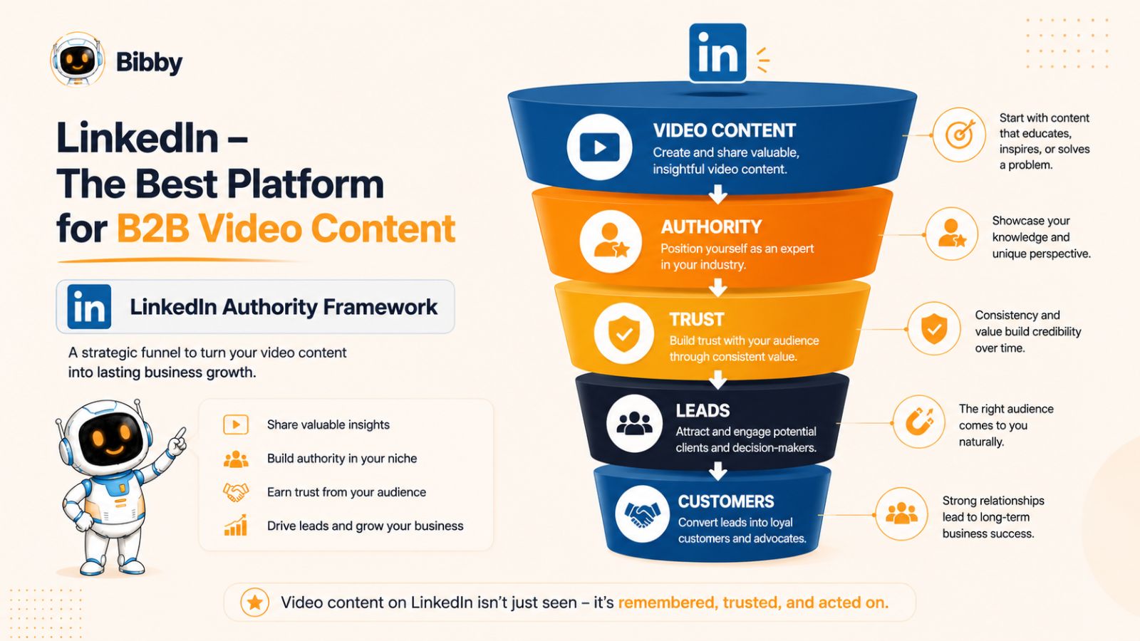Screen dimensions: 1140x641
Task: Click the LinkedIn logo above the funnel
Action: pyautogui.click(x=717, y=53)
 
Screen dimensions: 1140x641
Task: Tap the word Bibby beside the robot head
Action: pyautogui.click(x=149, y=63)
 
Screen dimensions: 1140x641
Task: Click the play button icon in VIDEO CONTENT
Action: pyautogui.click(x=599, y=147)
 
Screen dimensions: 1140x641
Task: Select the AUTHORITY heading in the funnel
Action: pyautogui.click(x=712, y=227)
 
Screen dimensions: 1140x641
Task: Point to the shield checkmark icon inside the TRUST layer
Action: pyautogui.click(x=624, y=333)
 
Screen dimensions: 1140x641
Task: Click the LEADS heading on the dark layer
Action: pyautogui.click(x=703, y=410)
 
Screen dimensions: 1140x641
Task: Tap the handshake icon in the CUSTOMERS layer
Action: pyautogui.click(x=642, y=514)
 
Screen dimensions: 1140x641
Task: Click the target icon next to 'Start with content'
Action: pyautogui.click(x=959, y=135)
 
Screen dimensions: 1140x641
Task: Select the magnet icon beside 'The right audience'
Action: pyautogui.click(x=919, y=422)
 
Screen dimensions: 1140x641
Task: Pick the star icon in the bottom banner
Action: pyautogui.click(x=255, y=603)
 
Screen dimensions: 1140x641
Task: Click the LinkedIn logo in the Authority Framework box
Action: pyautogui.click(x=89, y=307)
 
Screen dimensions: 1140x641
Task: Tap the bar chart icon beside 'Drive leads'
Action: pyautogui.click(x=236, y=525)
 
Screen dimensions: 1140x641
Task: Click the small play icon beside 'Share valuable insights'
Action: pyautogui.click(x=236, y=424)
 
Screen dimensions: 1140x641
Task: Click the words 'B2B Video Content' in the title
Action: pyautogui.click(x=286, y=229)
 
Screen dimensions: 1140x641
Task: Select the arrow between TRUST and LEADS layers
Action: pyautogui.click(x=717, y=380)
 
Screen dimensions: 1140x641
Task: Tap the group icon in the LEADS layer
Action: pyautogui.click(x=634, y=423)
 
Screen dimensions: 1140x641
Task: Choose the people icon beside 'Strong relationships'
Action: pyautogui.click(x=901, y=514)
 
